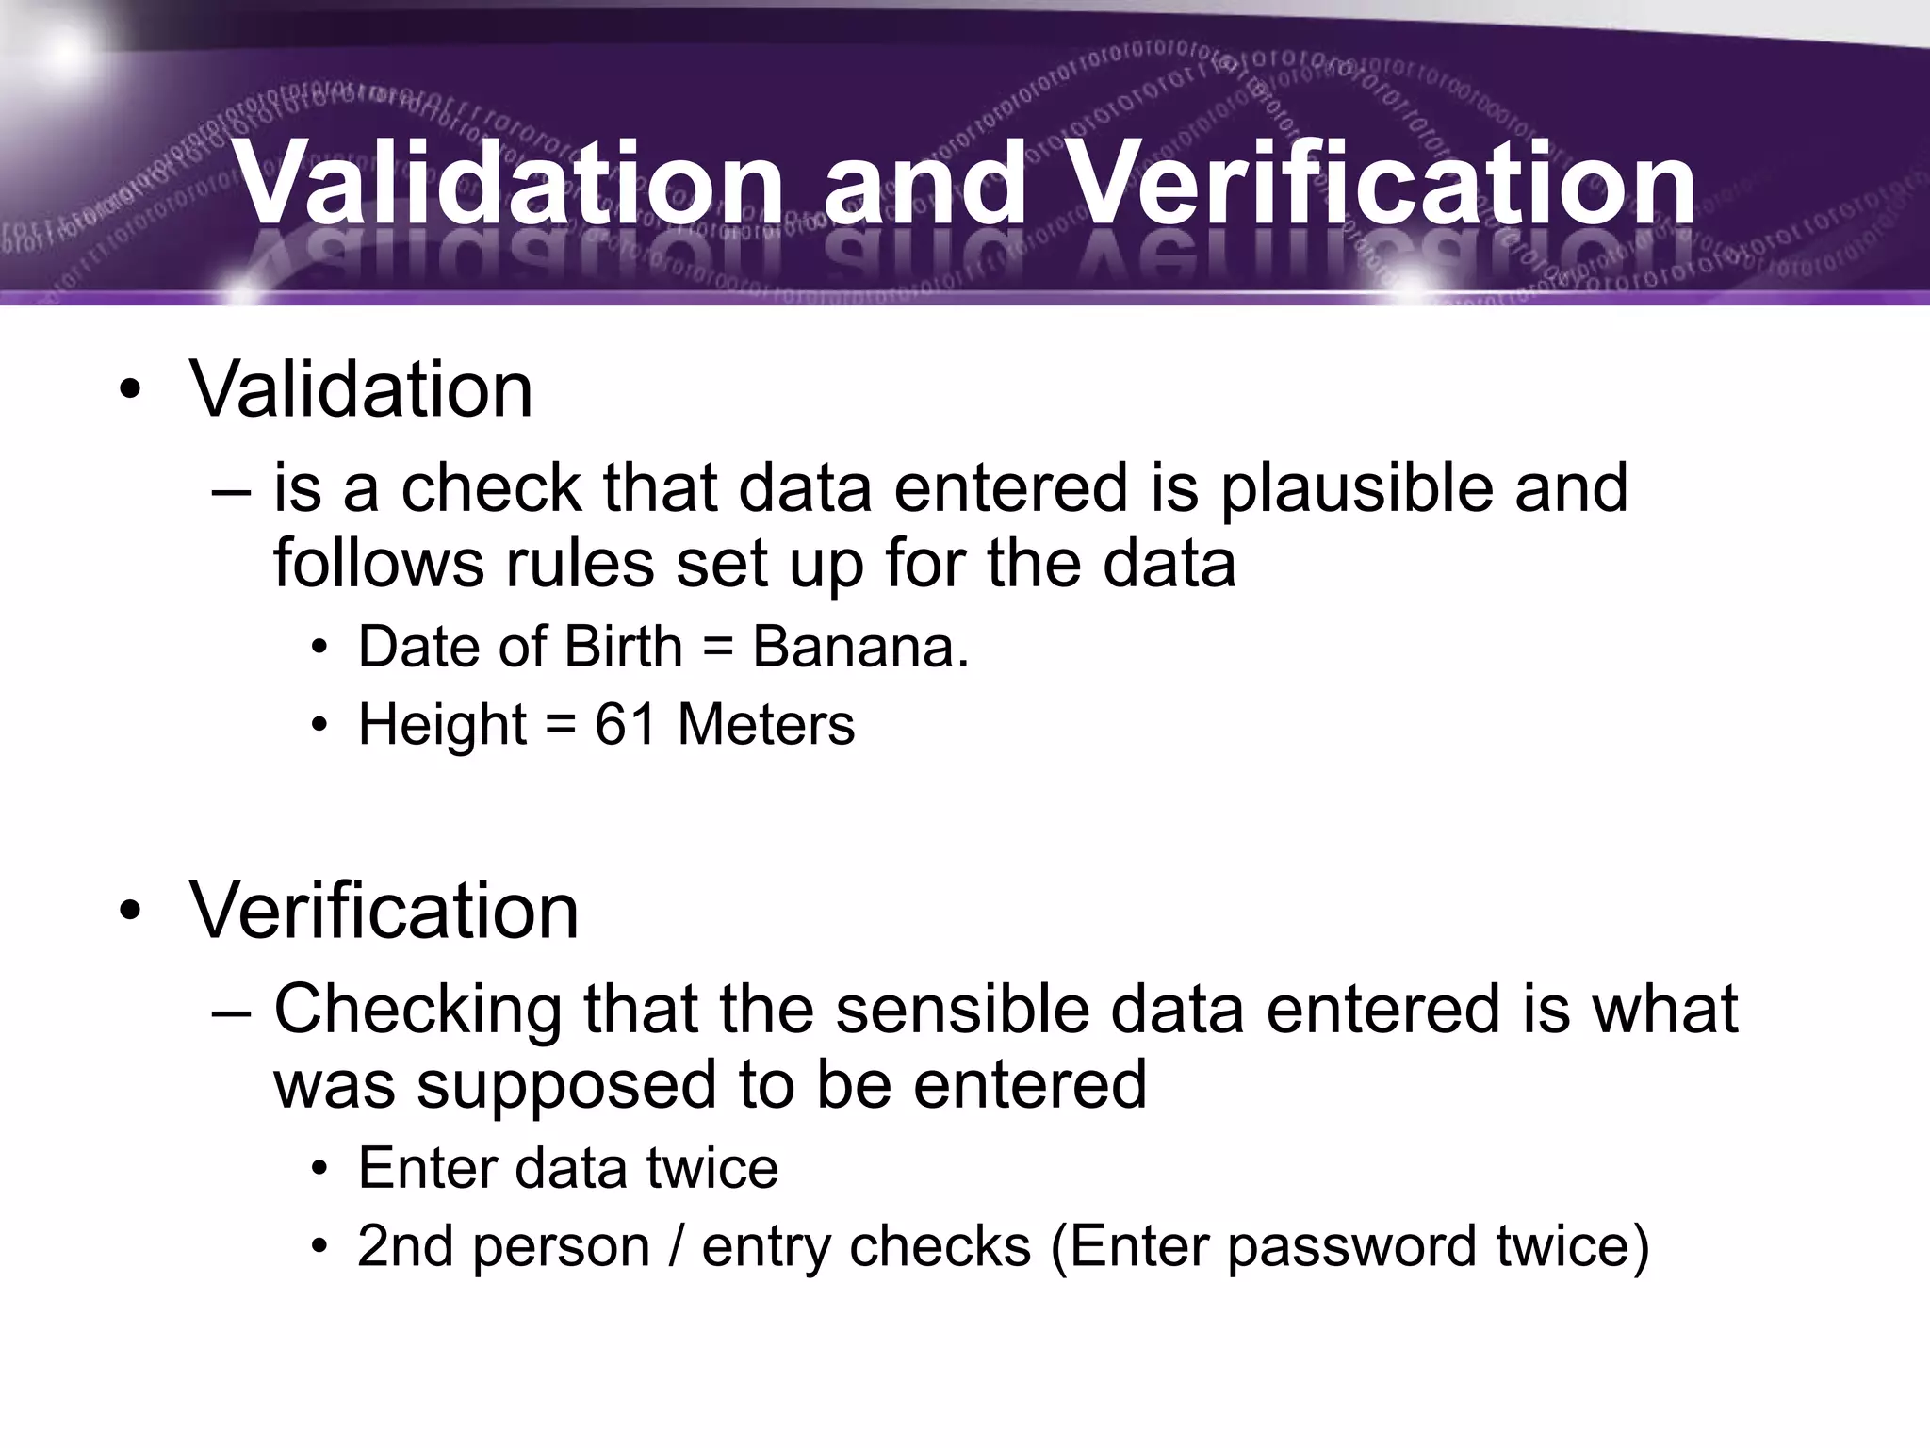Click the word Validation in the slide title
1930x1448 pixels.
pos(510,184)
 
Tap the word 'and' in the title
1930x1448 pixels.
pos(924,184)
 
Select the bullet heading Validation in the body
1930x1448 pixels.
pos(361,389)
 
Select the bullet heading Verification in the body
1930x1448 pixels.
pos(384,911)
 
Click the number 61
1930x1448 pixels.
pos(625,724)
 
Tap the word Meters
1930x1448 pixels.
pos(765,724)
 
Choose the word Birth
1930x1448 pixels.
pos(623,648)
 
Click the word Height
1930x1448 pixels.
pos(442,726)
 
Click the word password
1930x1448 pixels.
pos(1350,1248)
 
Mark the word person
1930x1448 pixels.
pos(561,1248)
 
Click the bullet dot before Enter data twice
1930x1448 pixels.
pos(320,1170)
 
